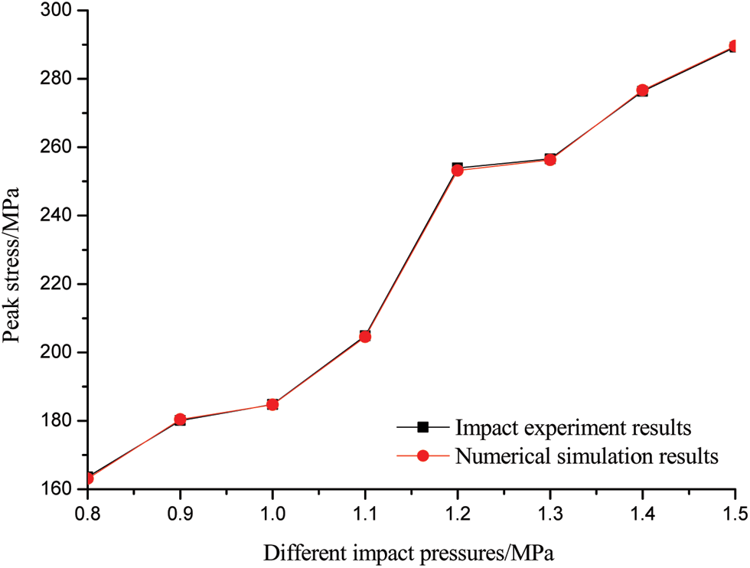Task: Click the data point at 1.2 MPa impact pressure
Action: (x=458, y=169)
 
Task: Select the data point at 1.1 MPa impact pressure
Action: (x=365, y=336)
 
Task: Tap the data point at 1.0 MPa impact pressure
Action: (x=272, y=404)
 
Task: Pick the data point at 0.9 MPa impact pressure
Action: (x=180, y=419)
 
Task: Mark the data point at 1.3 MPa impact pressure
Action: (x=549, y=159)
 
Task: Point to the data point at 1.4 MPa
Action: (x=642, y=90)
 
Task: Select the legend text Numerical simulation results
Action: (x=587, y=456)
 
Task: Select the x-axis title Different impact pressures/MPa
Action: (x=410, y=550)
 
